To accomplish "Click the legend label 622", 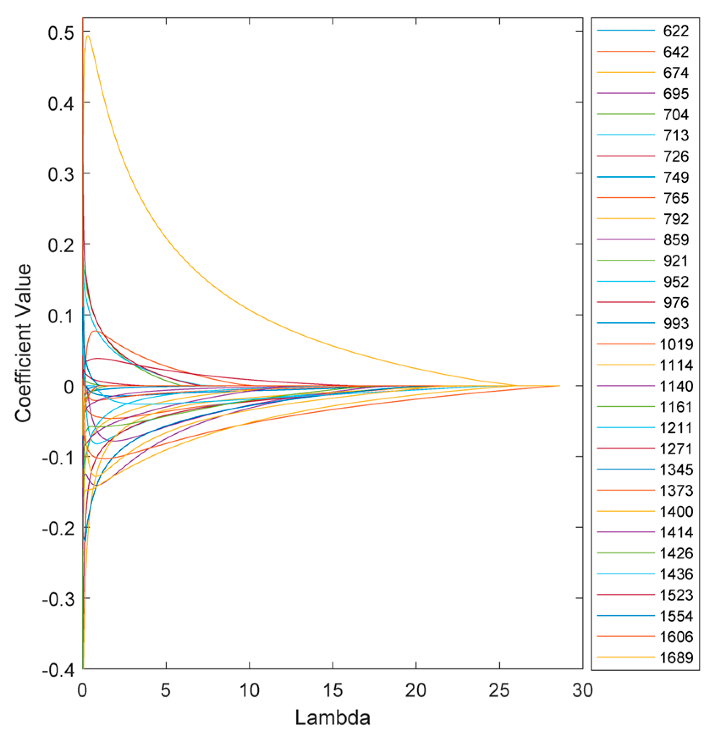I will click(676, 31).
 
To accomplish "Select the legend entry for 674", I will click(676, 73).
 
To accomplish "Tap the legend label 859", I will click(676, 240).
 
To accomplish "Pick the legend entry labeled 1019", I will click(676, 344).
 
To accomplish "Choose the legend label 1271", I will click(676, 449).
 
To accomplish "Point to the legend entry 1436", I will click(676, 574).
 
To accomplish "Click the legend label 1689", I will click(676, 657).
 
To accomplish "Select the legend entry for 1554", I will click(676, 616).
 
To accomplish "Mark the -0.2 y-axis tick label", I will click(57, 528).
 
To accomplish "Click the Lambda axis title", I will click(332, 718).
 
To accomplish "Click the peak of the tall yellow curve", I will click(88, 36).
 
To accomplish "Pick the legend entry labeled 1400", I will click(676, 511).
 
